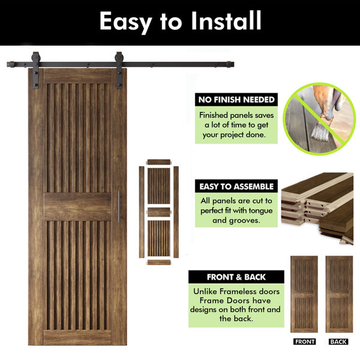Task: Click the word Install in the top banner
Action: point(226,20)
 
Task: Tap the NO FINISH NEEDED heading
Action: point(236,100)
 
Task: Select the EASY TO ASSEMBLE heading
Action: point(236,187)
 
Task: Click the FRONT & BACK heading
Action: point(236,277)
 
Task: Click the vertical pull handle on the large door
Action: point(119,206)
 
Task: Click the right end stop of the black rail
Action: point(230,64)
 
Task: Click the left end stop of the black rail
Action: point(11,65)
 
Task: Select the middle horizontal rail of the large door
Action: point(77,206)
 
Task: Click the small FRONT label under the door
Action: point(304,341)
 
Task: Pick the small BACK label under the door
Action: point(338,341)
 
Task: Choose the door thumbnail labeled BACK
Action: point(339,294)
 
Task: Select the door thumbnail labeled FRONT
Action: point(304,294)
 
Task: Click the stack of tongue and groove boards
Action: point(317,208)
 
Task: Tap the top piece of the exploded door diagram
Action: point(159,162)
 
